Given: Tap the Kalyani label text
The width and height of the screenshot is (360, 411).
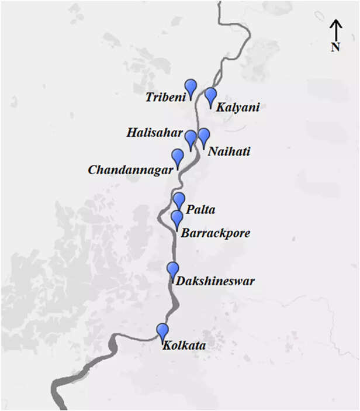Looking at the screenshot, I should tap(238, 108).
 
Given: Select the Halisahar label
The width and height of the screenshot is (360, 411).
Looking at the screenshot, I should tap(154, 133).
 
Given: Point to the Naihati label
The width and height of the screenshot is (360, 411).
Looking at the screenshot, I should tap(230, 151).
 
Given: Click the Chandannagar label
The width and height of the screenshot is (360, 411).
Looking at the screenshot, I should tap(131, 170).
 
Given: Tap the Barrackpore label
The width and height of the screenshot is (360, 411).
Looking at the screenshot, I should tap(216, 233).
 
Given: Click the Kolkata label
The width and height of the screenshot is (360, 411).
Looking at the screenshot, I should tap(185, 346).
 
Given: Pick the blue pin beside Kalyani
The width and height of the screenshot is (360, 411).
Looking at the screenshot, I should tap(210, 95).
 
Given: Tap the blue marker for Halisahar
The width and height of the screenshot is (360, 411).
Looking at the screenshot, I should tap(191, 139).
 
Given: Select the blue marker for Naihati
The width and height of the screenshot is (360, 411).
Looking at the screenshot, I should tap(203, 137).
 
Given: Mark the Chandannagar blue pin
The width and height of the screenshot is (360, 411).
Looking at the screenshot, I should tap(177, 157).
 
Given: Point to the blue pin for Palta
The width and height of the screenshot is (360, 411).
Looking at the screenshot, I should tap(179, 201).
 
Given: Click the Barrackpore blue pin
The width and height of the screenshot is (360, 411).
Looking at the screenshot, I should tap(176, 219).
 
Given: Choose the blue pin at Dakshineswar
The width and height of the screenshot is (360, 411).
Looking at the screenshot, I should tap(172, 270).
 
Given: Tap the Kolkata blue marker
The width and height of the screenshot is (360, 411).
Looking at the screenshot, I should tap(162, 331).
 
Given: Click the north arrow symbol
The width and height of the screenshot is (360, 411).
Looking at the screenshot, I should tap(335, 30).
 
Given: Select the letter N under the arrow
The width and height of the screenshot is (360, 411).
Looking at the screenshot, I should tap(335, 47).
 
